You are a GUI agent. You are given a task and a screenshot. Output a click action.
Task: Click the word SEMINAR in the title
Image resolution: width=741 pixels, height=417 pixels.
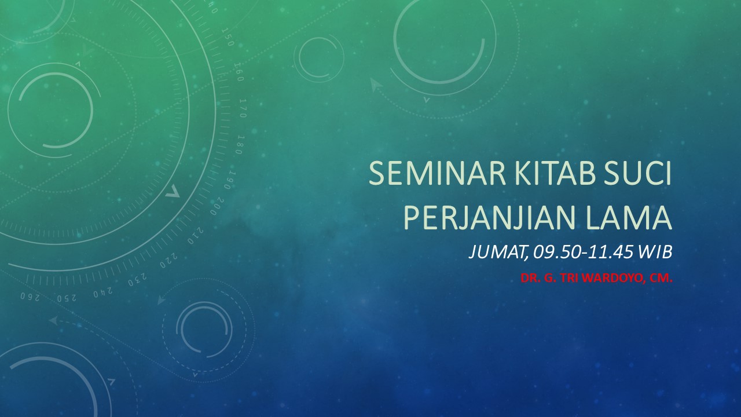coord(437,173)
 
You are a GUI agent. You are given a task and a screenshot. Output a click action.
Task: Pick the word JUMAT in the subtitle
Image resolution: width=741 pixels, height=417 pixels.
coord(496,253)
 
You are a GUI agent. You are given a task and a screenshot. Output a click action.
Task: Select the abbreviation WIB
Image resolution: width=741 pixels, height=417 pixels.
coord(655,253)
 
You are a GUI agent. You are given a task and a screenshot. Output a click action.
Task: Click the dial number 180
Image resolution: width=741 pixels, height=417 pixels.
coord(240,145)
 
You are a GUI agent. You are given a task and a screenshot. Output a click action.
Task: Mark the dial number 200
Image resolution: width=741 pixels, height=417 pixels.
coord(217,206)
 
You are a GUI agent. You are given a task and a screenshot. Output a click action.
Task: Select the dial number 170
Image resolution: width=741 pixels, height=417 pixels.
coord(243,108)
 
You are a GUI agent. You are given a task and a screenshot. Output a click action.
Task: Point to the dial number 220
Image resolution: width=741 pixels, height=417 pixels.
coord(168,261)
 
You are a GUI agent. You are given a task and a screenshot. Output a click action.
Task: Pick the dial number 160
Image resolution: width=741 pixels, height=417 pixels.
coord(239,72)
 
